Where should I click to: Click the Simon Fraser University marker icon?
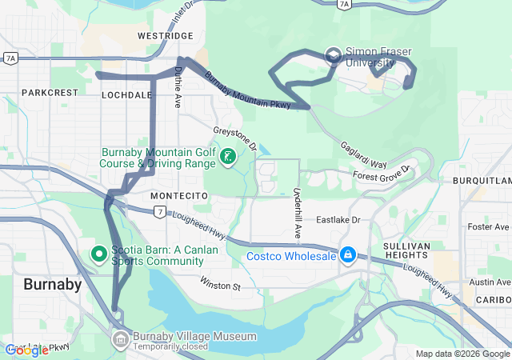(x=334, y=55)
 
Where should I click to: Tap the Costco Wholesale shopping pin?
(x=348, y=256)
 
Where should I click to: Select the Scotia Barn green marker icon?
(x=99, y=254)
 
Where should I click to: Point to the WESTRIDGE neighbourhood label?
(x=166, y=36)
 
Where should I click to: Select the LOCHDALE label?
(x=126, y=94)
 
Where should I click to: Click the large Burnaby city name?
(x=52, y=284)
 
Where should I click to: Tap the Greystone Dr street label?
(x=234, y=138)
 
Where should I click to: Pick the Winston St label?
(x=220, y=285)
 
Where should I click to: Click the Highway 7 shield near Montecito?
(x=161, y=211)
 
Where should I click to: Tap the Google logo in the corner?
(x=27, y=350)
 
